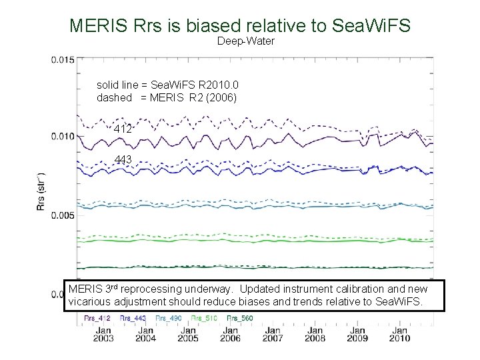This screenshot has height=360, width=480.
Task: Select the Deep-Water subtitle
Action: point(245,41)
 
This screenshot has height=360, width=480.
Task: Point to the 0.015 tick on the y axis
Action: point(63,60)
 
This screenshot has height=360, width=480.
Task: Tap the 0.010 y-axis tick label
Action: point(63,137)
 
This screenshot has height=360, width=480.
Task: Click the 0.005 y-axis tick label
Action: point(63,215)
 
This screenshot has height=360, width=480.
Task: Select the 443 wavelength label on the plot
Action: point(123,159)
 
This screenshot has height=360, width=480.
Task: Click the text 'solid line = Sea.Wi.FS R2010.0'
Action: point(167,85)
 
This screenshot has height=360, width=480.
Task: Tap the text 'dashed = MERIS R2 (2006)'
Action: point(167,97)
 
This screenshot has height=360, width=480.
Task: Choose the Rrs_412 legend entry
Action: point(98,319)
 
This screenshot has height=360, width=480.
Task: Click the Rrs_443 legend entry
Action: point(133,319)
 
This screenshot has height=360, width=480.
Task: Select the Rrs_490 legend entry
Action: point(169,319)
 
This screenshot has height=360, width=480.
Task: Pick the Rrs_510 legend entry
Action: point(204,319)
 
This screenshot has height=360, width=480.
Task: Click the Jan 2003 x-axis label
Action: point(103,333)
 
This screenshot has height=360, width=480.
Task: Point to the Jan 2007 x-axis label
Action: point(273,333)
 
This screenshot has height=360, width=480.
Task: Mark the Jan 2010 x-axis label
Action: point(399,333)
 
